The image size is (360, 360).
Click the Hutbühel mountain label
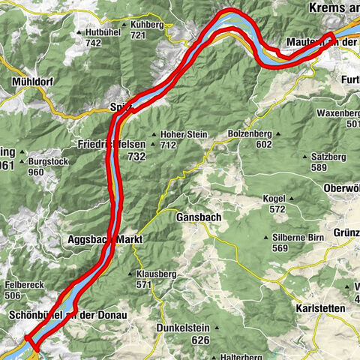(103, 33)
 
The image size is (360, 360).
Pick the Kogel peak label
(275, 198)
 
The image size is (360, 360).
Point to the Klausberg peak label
(155, 274)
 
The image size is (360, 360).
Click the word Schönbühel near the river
(38, 316)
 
